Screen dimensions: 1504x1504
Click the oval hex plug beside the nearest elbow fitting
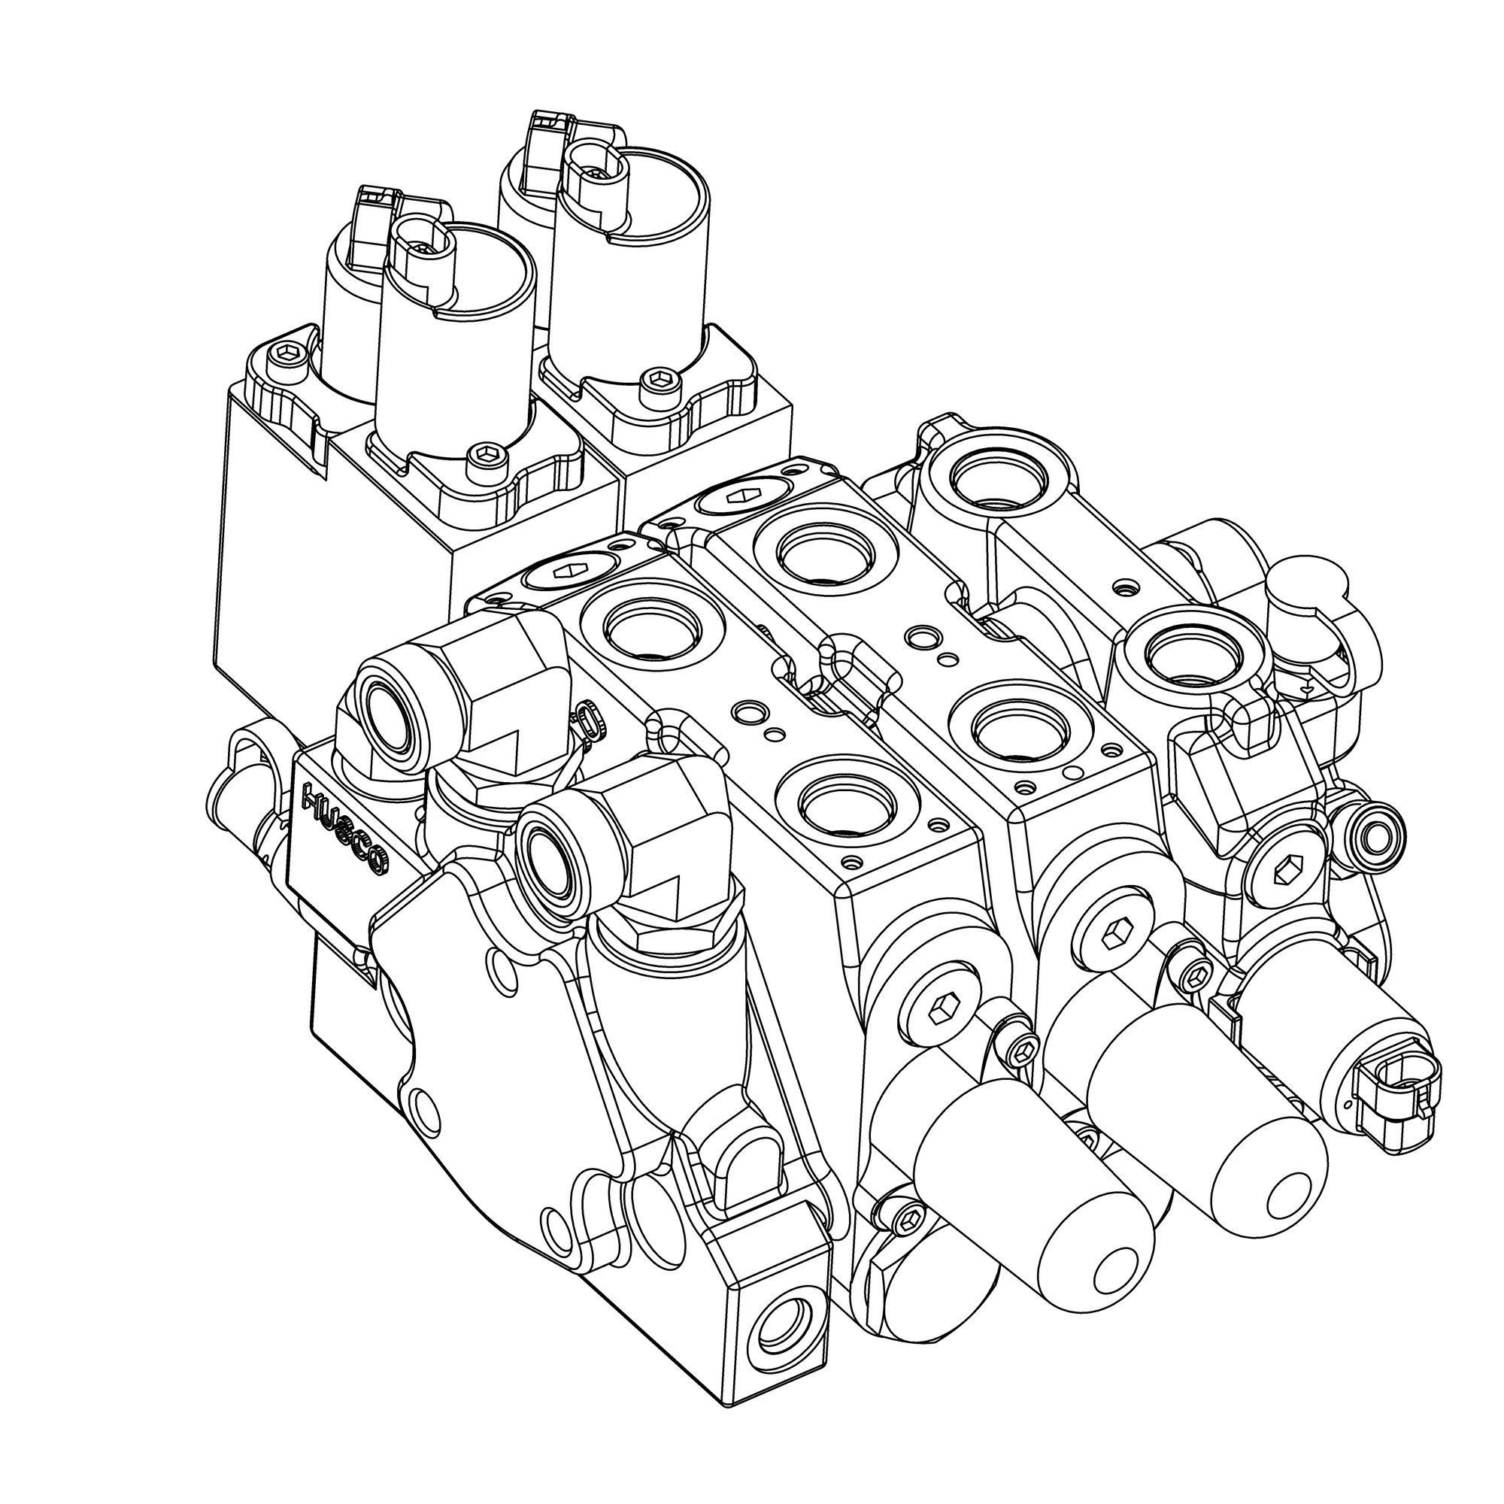pos(567,573)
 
